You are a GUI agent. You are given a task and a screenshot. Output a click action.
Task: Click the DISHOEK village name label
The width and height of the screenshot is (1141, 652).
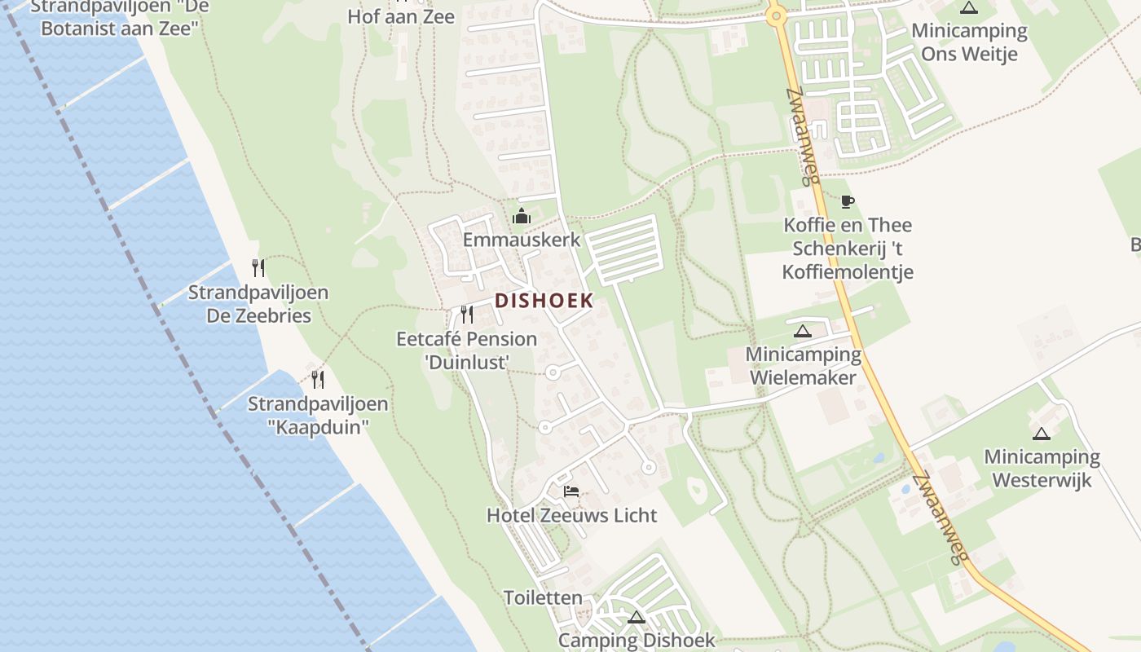[x=544, y=301]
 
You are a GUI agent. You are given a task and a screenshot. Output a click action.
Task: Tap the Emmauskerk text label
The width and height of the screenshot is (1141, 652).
[x=522, y=240]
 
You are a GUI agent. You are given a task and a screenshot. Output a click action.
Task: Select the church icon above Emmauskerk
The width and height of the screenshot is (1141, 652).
[x=522, y=216]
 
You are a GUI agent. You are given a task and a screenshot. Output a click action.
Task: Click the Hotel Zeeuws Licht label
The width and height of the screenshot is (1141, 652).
[x=571, y=515]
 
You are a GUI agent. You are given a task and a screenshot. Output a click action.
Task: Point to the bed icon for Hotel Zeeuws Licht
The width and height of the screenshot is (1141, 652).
[x=571, y=491]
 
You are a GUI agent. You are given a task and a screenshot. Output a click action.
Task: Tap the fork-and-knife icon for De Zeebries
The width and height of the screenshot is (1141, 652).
[x=258, y=268]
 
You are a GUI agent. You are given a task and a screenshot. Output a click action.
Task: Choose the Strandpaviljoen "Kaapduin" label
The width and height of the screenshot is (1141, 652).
[x=318, y=415]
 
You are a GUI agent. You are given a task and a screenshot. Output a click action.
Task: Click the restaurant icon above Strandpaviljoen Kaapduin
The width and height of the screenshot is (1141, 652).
[x=318, y=379]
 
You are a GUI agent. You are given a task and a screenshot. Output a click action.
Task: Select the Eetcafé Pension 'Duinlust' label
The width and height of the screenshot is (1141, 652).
[x=467, y=350]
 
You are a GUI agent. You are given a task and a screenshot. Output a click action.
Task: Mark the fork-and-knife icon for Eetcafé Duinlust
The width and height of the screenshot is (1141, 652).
[x=467, y=314]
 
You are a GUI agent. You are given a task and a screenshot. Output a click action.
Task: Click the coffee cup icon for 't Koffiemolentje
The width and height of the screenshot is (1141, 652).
[x=848, y=201]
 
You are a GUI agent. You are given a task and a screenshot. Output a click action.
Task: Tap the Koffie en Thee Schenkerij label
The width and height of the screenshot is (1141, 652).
[x=848, y=248]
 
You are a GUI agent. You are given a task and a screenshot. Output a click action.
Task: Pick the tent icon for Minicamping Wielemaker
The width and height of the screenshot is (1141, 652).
[x=803, y=331]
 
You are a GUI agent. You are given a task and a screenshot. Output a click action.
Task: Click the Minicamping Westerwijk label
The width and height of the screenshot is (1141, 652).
[x=1042, y=468]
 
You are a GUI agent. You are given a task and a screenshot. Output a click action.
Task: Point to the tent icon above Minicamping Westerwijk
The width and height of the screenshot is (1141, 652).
[x=1042, y=434]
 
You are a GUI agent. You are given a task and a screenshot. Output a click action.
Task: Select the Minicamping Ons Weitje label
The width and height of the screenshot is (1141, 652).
[x=969, y=42]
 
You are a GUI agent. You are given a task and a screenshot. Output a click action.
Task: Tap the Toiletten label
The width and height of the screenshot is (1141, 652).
[x=544, y=597]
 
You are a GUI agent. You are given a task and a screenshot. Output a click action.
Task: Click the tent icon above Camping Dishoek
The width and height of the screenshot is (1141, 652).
[x=637, y=617]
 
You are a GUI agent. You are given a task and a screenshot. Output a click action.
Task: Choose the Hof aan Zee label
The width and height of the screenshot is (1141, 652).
[x=401, y=16]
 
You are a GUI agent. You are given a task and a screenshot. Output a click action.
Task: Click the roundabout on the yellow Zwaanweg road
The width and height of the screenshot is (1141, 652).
[x=776, y=14]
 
